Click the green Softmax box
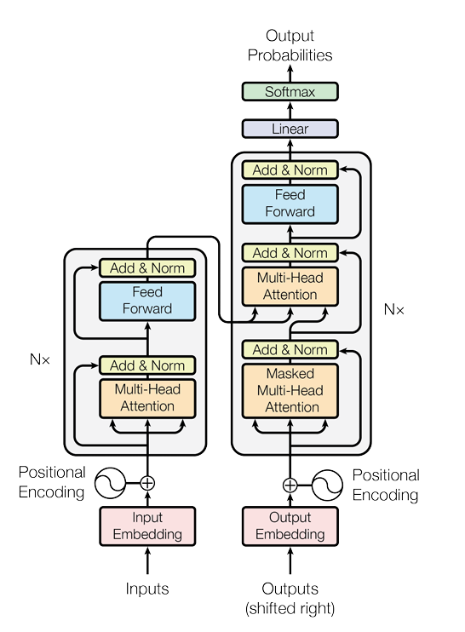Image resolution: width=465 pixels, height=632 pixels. point(290,91)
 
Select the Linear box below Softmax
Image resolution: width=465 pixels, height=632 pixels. point(290,129)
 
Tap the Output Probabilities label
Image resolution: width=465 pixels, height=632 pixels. point(290,45)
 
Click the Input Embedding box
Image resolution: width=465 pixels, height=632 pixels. point(147,526)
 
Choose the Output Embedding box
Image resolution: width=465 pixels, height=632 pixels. point(290,526)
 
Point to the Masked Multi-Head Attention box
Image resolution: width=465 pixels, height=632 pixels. point(290,390)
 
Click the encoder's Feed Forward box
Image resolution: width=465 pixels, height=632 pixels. point(147,300)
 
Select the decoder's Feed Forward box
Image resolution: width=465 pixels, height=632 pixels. point(290,204)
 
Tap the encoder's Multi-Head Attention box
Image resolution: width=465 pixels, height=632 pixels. point(147,397)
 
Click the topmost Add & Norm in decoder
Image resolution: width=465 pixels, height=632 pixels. point(290,169)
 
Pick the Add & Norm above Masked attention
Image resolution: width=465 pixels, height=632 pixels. point(290,349)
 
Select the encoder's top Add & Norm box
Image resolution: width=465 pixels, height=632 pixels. point(147,267)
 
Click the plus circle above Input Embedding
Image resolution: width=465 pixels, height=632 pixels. point(147,483)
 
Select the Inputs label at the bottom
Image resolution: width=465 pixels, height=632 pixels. point(147,589)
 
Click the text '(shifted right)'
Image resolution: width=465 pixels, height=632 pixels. point(290,608)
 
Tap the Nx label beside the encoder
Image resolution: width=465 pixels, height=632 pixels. point(40,359)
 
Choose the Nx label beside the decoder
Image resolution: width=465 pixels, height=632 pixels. point(393,310)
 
